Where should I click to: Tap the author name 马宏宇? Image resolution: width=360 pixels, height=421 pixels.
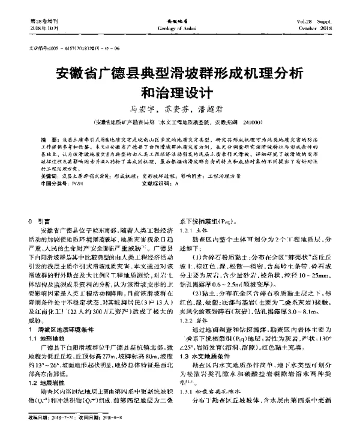click(143, 109)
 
